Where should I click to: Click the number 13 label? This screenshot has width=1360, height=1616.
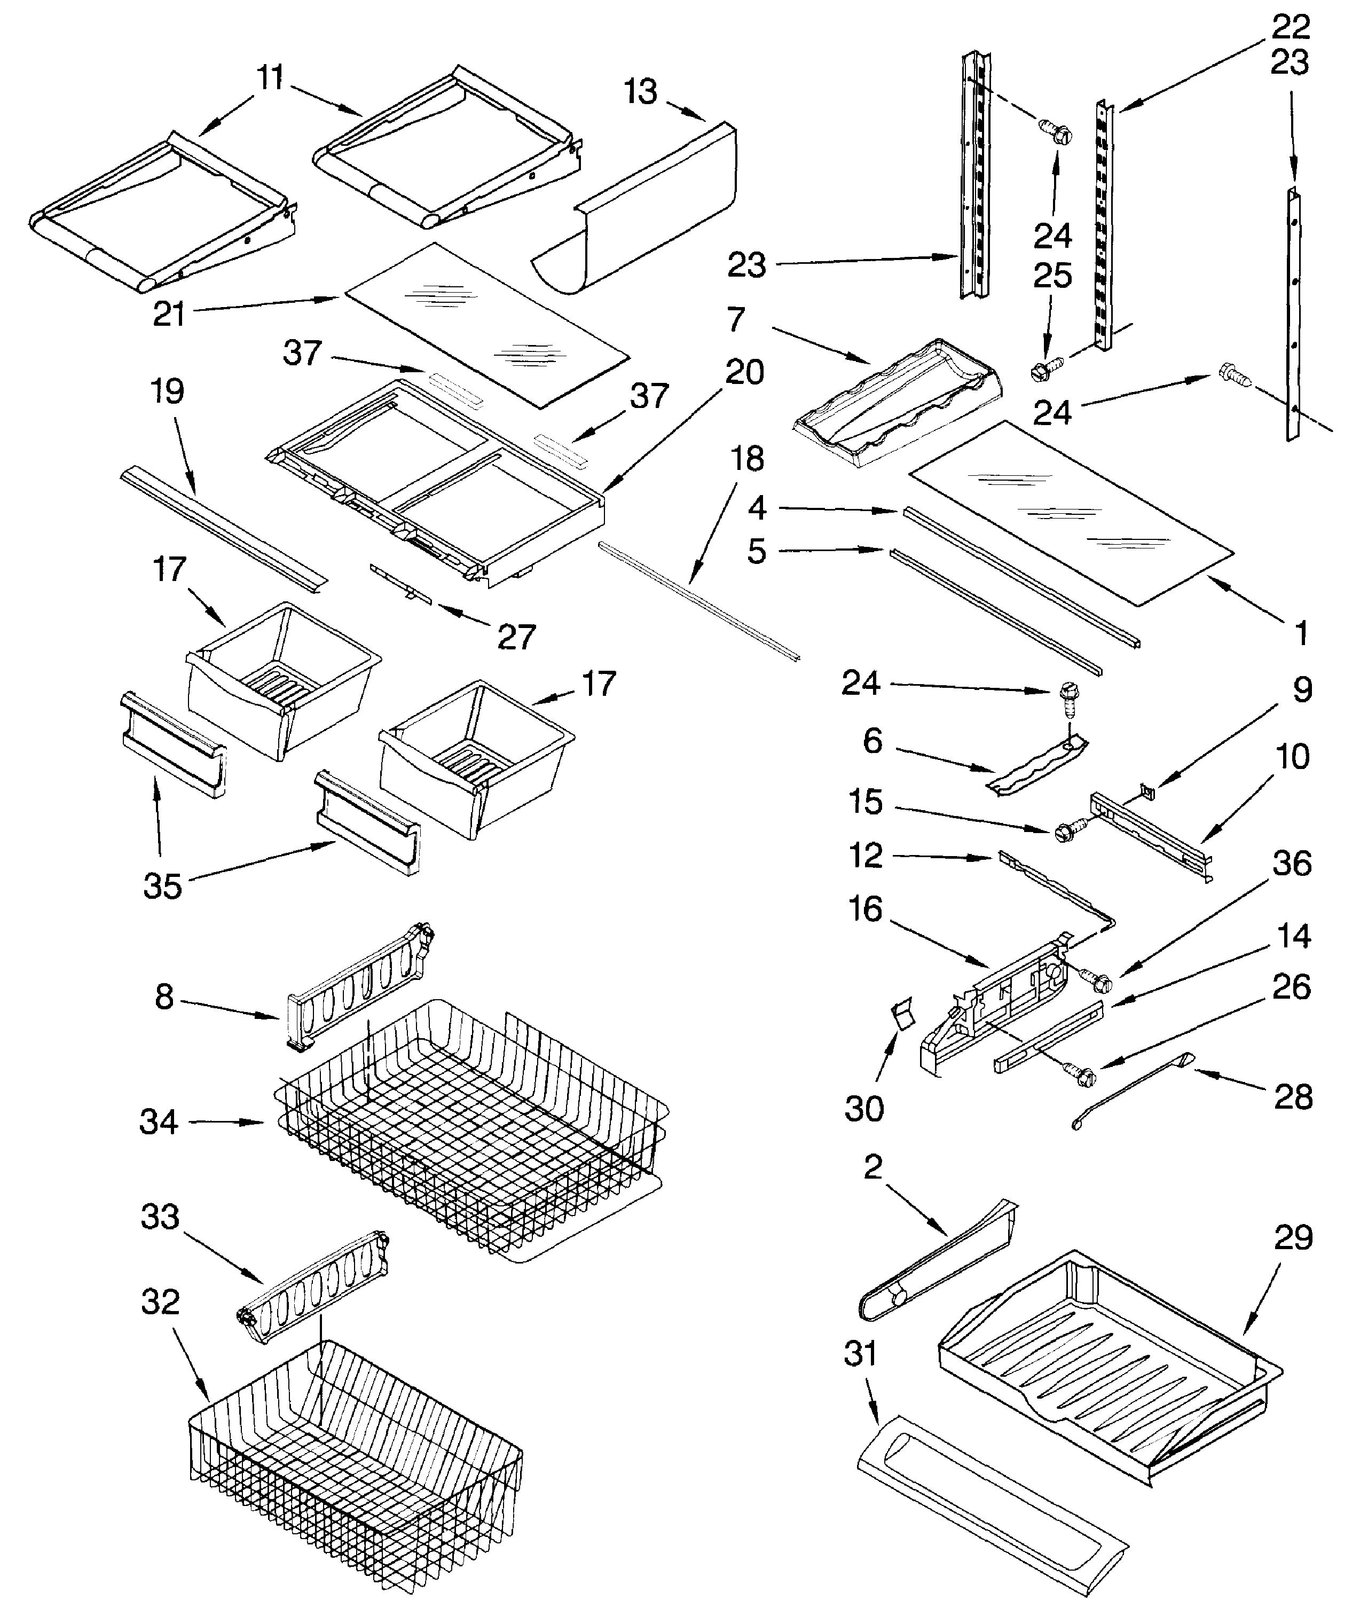click(640, 92)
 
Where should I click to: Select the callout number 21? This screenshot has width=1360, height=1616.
click(169, 314)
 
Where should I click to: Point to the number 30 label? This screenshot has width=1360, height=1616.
click(863, 1109)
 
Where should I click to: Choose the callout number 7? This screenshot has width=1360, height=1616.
click(736, 318)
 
